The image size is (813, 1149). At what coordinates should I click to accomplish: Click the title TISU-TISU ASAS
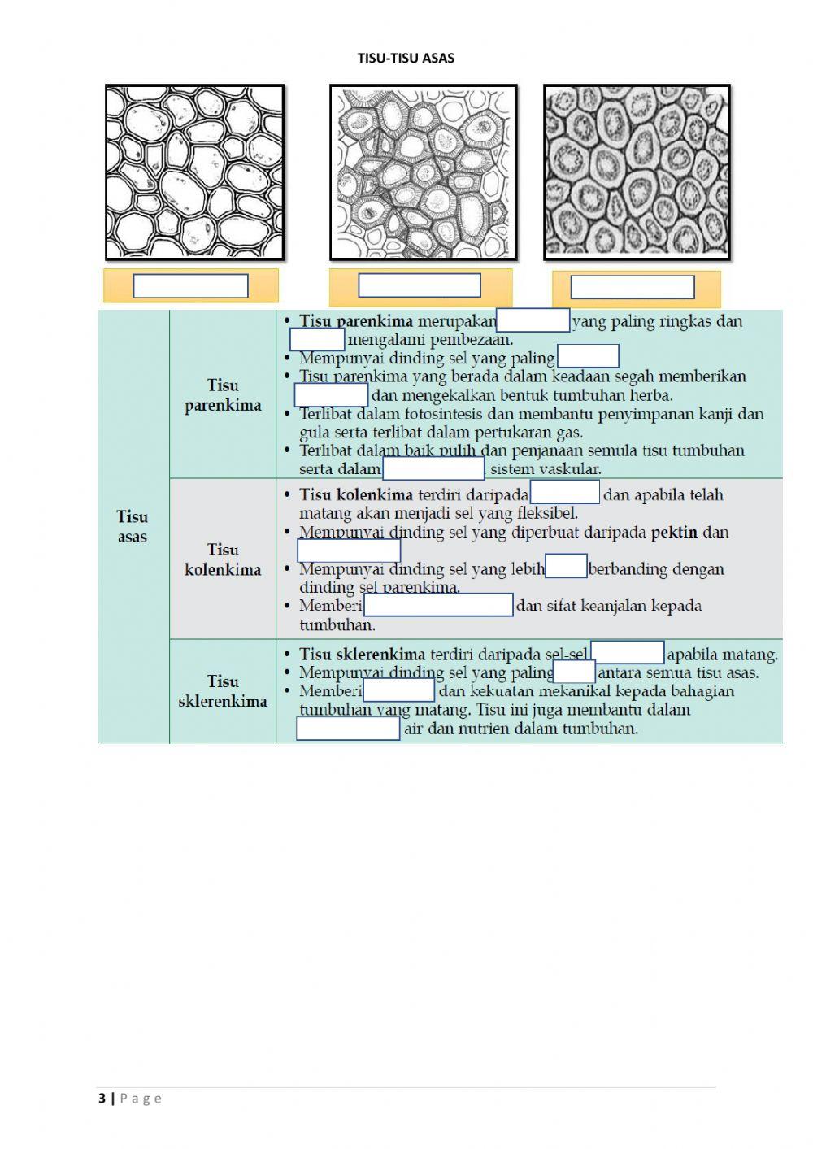(406, 59)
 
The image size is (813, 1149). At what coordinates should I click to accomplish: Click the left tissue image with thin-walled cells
(195, 172)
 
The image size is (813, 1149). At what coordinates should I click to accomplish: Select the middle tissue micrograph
(423, 172)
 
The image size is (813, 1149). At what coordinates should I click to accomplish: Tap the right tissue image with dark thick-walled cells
(637, 172)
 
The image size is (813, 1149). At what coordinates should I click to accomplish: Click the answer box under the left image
(190, 286)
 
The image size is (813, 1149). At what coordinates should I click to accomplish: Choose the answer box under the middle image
(420, 285)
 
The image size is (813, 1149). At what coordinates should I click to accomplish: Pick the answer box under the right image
(633, 287)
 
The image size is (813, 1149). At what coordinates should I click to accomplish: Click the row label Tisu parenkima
(223, 395)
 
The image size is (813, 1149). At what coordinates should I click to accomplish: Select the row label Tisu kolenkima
(223, 559)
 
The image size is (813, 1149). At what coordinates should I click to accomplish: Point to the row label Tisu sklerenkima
(223, 691)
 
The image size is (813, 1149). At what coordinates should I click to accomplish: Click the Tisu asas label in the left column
(133, 526)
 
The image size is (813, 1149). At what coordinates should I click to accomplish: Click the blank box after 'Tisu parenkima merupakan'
(533, 321)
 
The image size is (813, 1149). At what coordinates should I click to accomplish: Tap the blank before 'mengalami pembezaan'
(317, 340)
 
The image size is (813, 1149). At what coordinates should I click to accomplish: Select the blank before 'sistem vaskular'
(433, 469)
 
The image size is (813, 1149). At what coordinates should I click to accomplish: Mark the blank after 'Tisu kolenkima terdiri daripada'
(564, 493)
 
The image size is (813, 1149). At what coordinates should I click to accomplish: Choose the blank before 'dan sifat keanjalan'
(438, 605)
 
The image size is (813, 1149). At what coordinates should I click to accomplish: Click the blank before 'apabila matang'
(628, 653)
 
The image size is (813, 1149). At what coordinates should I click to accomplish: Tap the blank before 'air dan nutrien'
(348, 729)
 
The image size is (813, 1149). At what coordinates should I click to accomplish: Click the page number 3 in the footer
(102, 1099)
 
